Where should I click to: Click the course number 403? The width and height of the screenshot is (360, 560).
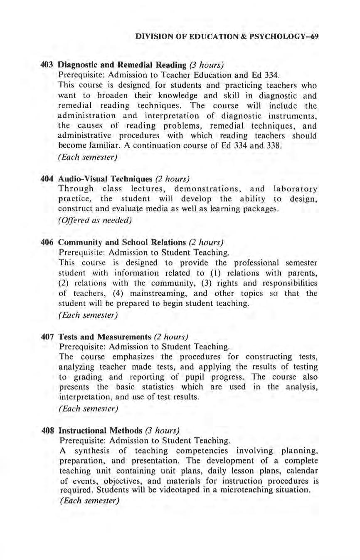[47, 65]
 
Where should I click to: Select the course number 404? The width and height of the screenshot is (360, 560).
[47, 179]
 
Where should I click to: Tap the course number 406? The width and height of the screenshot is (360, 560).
[47, 242]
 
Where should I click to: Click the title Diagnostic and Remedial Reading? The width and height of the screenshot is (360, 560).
[122, 65]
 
